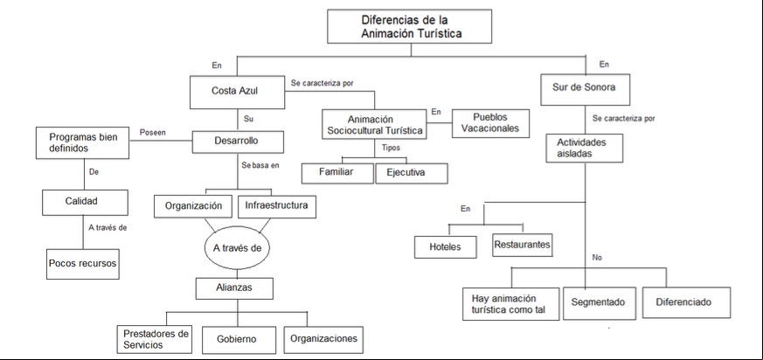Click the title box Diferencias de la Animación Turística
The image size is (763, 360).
pos(409,26)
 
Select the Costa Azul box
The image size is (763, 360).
pos(237,92)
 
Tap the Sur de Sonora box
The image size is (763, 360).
pos(586,89)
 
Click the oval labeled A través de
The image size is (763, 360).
pos(237,248)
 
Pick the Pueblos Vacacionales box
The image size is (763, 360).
pos(490,123)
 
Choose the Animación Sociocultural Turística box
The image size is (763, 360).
pos(374,125)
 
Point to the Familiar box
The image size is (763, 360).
pos(337,173)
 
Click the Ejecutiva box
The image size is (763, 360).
pos(412,173)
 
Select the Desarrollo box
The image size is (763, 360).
pos(238,142)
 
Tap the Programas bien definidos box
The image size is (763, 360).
pos(83,143)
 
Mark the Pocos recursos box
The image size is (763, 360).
pos(83,264)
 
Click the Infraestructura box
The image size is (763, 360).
pos(277,206)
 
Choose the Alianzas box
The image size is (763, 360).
pos(234,288)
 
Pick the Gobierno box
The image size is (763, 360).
pos(237,339)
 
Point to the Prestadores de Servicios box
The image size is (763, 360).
pos(155,339)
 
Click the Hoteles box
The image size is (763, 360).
pos(445,246)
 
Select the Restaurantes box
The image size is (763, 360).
pos(522,245)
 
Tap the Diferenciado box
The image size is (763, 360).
pos(687,302)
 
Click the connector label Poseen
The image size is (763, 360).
pos(151,132)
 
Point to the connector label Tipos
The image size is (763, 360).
pos(391,148)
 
